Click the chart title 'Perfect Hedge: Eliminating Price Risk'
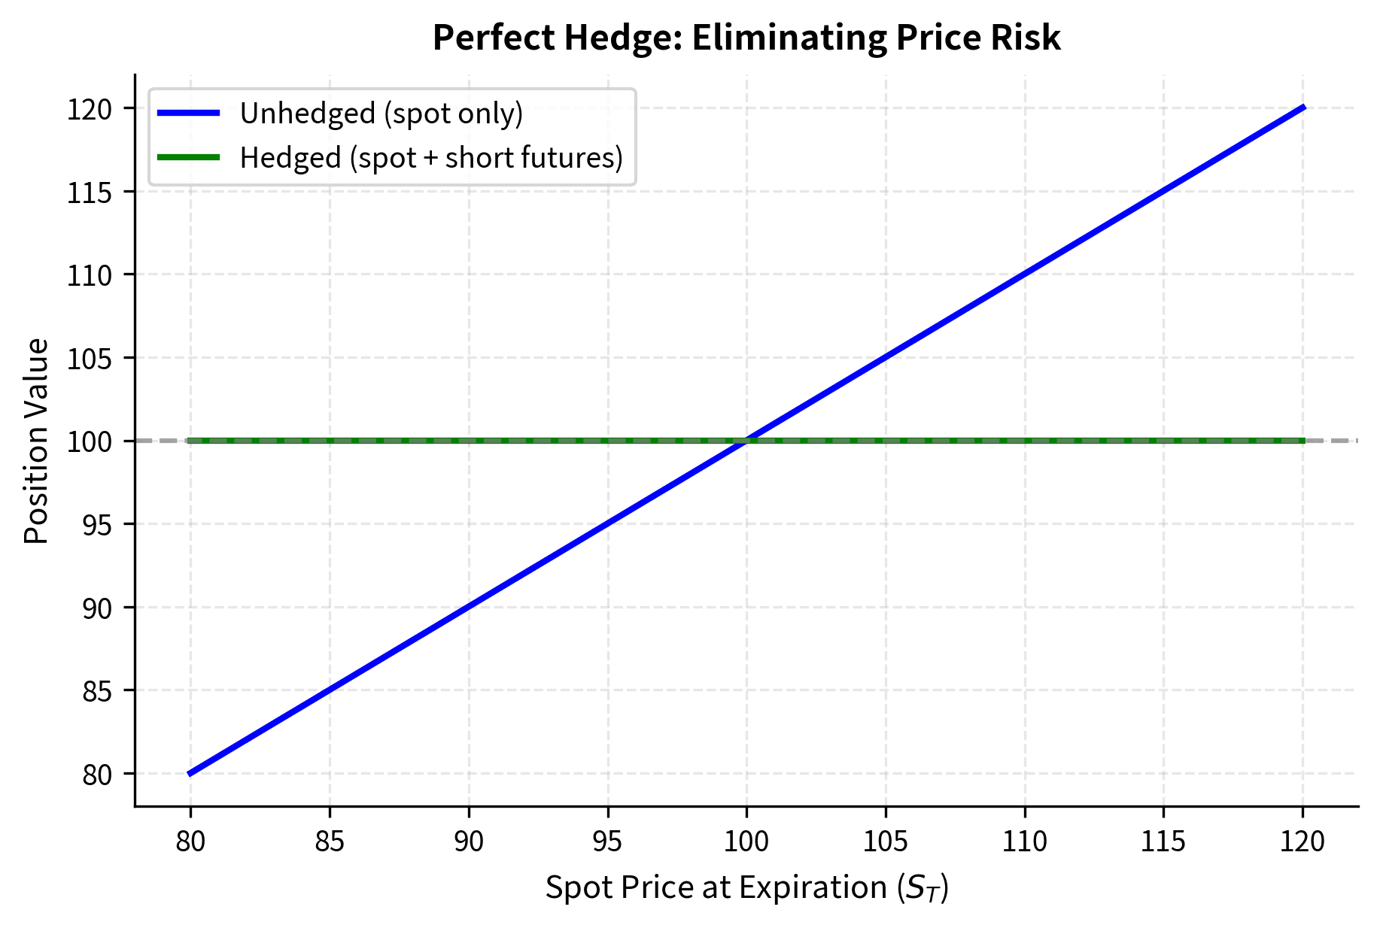point(746,38)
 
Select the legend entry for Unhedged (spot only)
point(381,114)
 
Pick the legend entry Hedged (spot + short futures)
point(430,158)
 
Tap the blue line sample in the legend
point(188,114)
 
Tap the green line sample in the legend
point(188,158)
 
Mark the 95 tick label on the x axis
point(607,842)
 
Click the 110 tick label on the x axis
point(1024,842)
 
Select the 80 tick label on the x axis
point(190,842)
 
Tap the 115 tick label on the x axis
point(1163,842)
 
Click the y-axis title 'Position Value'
point(36,441)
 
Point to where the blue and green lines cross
point(746,441)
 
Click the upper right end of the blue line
point(1302,108)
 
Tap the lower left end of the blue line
point(191,773)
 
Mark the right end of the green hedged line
point(1302,441)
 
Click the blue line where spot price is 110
point(1024,274)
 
